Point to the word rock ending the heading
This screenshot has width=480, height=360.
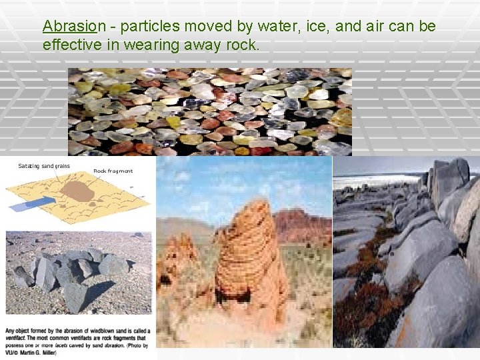(x=243, y=45)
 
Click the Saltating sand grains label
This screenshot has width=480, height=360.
(x=44, y=166)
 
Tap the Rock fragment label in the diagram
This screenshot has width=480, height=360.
(x=113, y=171)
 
